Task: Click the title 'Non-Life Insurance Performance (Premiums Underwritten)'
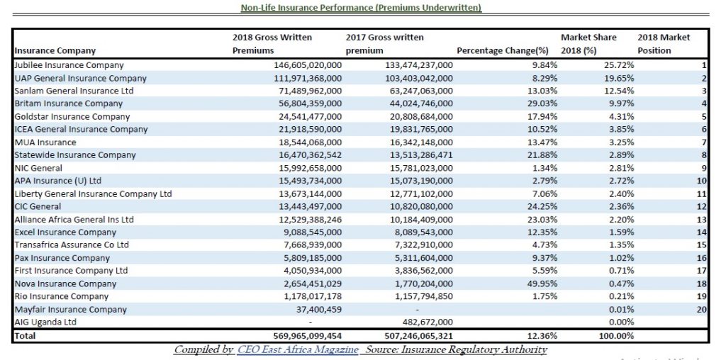coord(361,8)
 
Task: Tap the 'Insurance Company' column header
coord(55,51)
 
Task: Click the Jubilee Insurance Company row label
coord(69,66)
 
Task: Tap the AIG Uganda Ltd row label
coord(45,322)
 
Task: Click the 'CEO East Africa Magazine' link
coord(298,350)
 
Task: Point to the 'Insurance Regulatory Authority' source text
coord(474,350)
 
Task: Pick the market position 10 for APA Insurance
coord(702,181)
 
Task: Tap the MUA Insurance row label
coord(45,142)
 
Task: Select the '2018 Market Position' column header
coord(664,44)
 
